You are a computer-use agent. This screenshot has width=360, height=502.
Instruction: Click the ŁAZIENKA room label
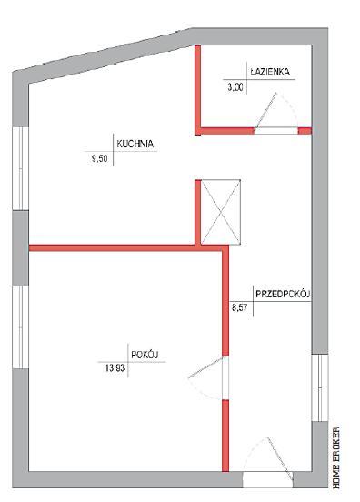click(270, 72)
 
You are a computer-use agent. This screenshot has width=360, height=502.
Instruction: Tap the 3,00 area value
click(235, 87)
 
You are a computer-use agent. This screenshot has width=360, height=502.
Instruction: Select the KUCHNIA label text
click(135, 144)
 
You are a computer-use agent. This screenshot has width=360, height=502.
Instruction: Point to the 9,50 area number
click(99, 158)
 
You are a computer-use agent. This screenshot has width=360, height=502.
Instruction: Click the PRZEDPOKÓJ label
click(283, 294)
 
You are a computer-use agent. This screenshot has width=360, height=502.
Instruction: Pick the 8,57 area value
click(240, 308)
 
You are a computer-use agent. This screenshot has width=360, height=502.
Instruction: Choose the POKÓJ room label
click(145, 355)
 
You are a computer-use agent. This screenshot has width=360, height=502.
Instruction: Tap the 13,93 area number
click(115, 368)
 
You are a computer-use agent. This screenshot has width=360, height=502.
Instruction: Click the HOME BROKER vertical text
click(336, 457)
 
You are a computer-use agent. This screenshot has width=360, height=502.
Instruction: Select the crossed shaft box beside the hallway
click(221, 212)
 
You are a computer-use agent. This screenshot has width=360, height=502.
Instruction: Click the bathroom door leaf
click(265, 110)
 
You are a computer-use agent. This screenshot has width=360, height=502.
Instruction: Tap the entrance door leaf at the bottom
click(280, 459)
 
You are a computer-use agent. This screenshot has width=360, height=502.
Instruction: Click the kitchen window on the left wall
click(21, 168)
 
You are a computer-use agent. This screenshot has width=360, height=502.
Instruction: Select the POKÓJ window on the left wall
click(21, 326)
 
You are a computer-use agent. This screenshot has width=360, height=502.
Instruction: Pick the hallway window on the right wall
click(320, 387)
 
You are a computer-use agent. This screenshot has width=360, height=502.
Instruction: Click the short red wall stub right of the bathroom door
click(305, 131)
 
